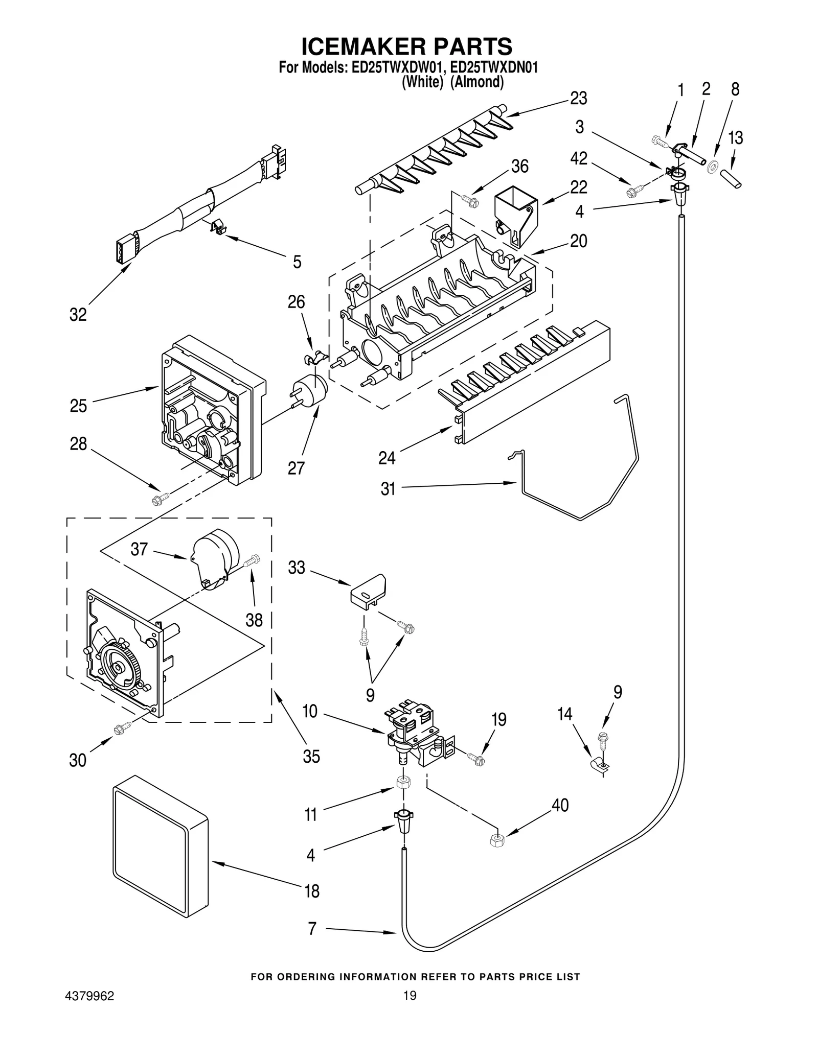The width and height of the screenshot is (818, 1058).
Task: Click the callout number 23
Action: click(x=578, y=98)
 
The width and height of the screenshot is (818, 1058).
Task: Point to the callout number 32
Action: click(x=78, y=315)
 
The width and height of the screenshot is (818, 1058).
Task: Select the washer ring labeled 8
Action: click(x=711, y=166)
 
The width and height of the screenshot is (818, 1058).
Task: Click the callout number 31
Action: click(x=388, y=489)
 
